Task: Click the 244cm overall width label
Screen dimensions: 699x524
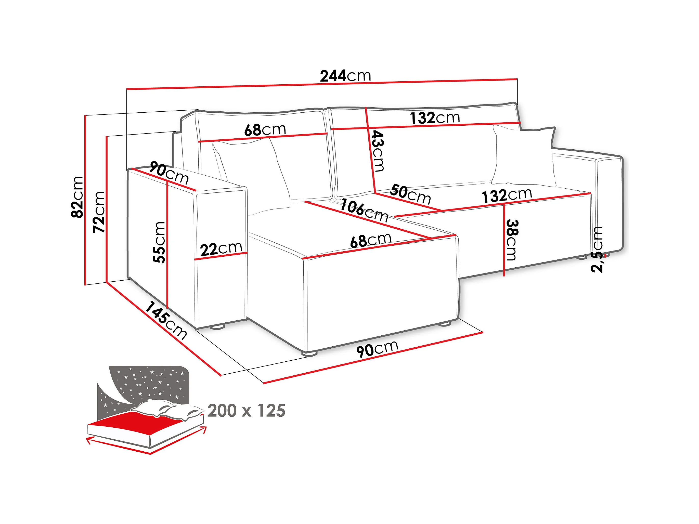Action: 345,76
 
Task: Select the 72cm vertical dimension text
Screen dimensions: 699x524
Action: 99,212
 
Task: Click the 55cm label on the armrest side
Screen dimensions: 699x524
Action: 159,242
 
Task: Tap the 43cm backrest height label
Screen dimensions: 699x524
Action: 378,151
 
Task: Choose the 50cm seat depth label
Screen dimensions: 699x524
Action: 410,194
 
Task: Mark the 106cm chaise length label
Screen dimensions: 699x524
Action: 364,211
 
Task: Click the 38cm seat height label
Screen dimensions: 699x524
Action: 512,240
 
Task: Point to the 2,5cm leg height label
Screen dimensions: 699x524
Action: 597,250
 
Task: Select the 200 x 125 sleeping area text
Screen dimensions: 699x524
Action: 246,411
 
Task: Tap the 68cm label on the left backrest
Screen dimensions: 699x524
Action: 265,129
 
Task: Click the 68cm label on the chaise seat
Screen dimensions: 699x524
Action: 371,240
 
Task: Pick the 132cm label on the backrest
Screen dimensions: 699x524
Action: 435,118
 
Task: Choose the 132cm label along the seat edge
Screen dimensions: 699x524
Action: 507,195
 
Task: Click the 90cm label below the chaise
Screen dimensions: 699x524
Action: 377,348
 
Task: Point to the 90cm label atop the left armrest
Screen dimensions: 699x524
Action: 169,173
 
